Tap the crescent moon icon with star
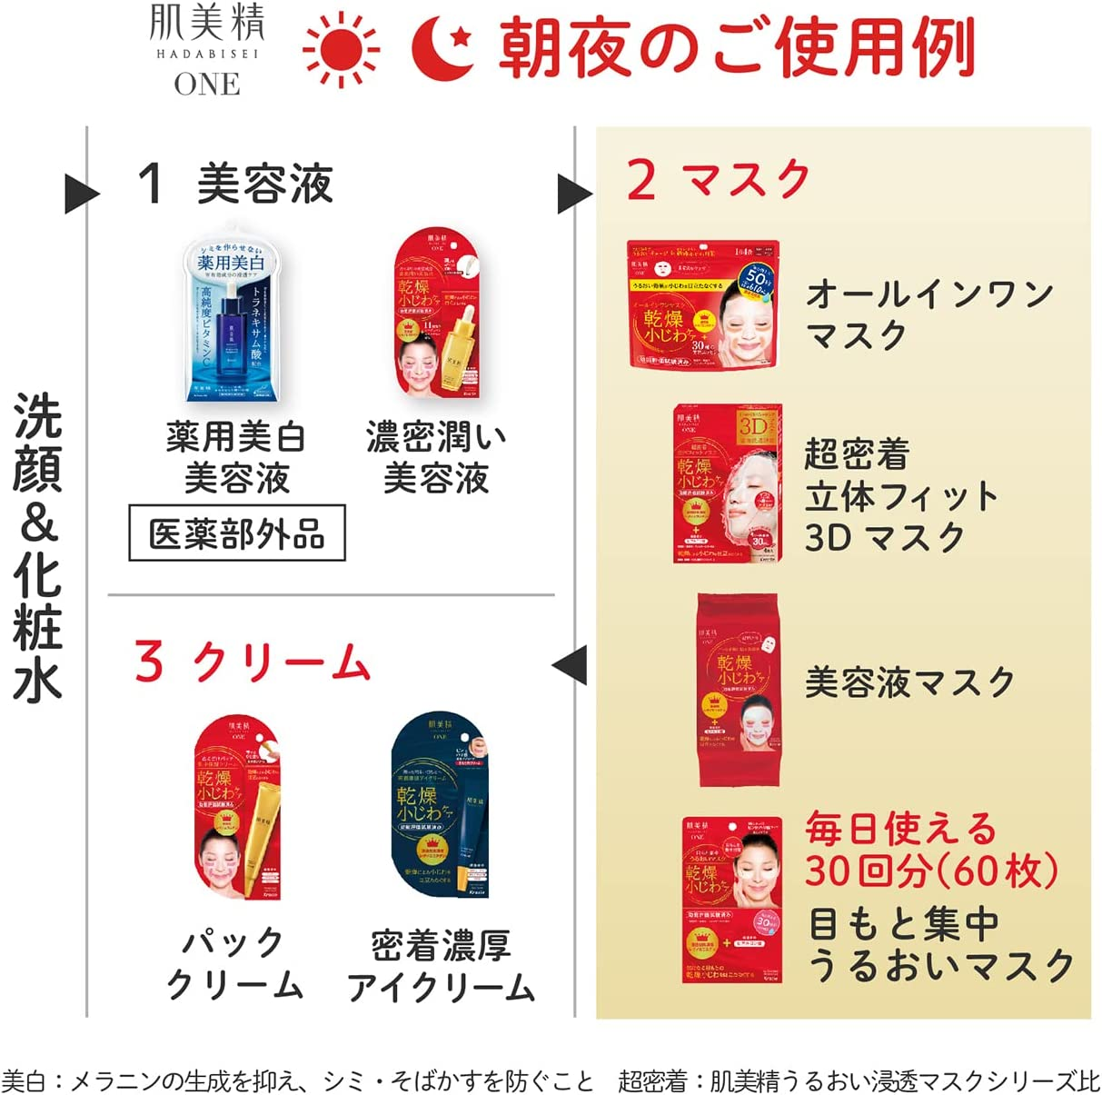[x=442, y=49]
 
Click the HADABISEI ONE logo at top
[x=207, y=50]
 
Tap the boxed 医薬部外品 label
[x=236, y=533]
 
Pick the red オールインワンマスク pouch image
[x=702, y=304]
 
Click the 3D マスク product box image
[x=727, y=484]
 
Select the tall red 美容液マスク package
[x=737, y=689]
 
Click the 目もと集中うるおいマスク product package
[x=732, y=899]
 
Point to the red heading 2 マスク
[x=718, y=179]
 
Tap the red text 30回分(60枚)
[x=930, y=871]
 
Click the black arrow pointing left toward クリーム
[x=571, y=665]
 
